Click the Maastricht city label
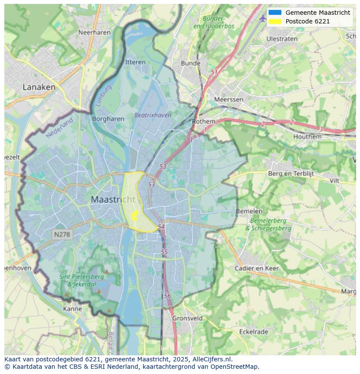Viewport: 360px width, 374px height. (x=113, y=200)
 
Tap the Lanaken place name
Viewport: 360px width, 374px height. (x=39, y=87)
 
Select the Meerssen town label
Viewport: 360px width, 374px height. (x=229, y=99)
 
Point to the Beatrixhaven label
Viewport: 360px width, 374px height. (x=153, y=115)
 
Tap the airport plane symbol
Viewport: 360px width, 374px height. (x=262, y=18)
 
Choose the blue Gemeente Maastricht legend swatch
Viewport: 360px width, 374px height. (x=275, y=13)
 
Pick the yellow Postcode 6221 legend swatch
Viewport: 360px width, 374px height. (x=275, y=21)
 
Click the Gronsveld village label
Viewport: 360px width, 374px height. (x=187, y=318)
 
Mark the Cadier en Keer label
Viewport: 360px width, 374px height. (x=257, y=268)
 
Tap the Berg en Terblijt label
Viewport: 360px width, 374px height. (x=290, y=174)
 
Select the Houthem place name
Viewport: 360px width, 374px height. (x=307, y=136)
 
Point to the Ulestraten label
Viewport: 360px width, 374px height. (x=282, y=39)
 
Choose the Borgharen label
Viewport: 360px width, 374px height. (x=108, y=119)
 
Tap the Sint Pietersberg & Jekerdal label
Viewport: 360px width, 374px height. (x=81, y=280)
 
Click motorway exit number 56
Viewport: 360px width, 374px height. (x=168, y=296)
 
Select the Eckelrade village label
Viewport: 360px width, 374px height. (x=253, y=332)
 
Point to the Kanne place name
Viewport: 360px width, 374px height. (x=72, y=309)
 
